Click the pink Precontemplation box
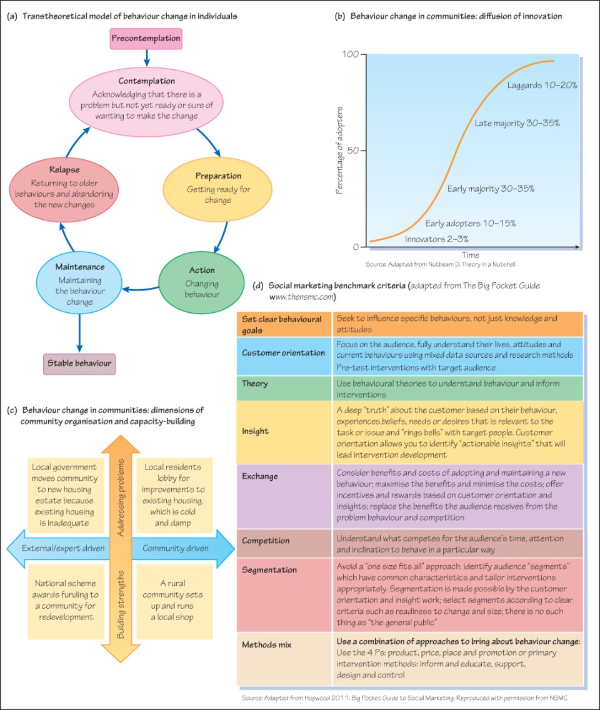click(146, 39)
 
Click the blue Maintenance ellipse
click(79, 284)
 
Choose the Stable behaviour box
click(79, 363)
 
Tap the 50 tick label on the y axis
click(353, 150)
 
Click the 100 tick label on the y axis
click(351, 54)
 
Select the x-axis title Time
click(471, 255)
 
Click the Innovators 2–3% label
click(436, 239)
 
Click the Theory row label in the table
click(255, 383)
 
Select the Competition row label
click(266, 540)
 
